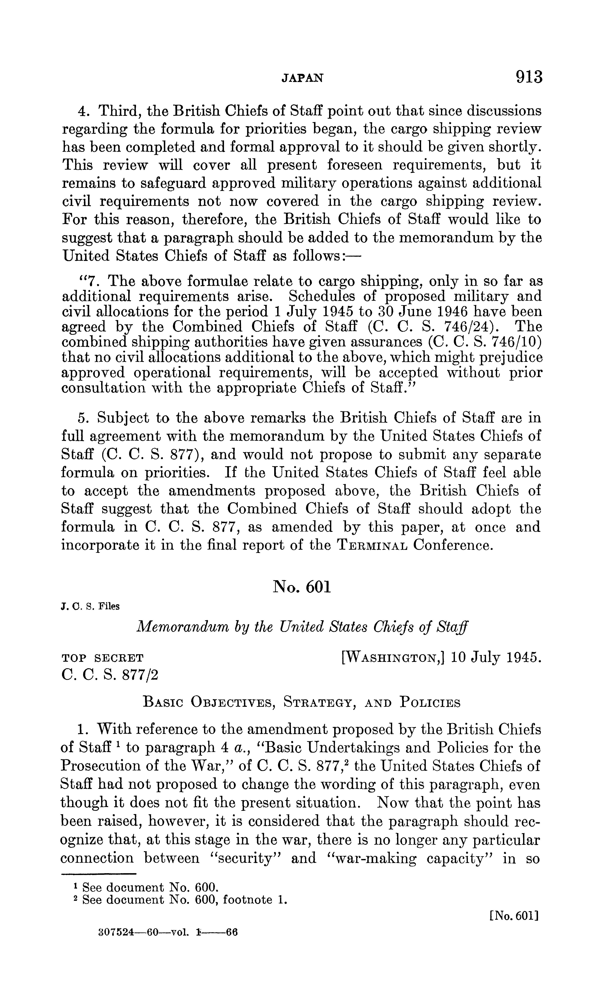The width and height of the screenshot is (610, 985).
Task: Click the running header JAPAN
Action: coord(302,78)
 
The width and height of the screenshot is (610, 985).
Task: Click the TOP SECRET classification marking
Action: coord(103,658)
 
